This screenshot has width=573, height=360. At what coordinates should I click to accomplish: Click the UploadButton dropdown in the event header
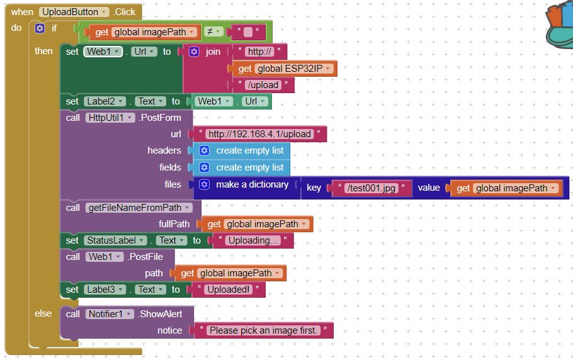pyautogui.click(x=74, y=12)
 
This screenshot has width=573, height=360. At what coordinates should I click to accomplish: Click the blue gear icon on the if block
pyautogui.click(x=40, y=28)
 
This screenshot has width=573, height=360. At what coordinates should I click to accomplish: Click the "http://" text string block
pyautogui.click(x=260, y=52)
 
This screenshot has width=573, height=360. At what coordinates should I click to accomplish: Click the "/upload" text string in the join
pyautogui.click(x=262, y=85)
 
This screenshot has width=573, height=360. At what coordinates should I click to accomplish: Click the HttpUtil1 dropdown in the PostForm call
pyautogui.click(x=111, y=118)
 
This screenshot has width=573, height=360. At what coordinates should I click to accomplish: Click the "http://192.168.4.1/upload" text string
pyautogui.click(x=259, y=134)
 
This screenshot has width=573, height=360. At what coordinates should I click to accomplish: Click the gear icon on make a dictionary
pyautogui.click(x=204, y=184)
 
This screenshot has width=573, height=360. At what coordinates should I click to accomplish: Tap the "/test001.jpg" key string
pyautogui.click(x=371, y=188)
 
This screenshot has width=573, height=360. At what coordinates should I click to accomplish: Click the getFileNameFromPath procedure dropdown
pyautogui.click(x=142, y=208)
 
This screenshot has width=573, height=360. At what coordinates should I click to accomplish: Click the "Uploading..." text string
pyautogui.click(x=252, y=240)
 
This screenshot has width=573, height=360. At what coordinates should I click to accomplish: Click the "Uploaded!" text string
pyautogui.click(x=228, y=290)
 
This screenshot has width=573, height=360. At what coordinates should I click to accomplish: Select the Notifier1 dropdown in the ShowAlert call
pyautogui.click(x=110, y=313)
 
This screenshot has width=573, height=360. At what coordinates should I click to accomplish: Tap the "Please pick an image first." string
pyautogui.click(x=263, y=330)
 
